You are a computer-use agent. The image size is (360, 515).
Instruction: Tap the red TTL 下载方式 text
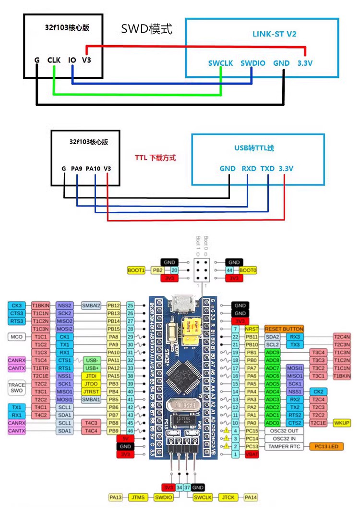tap(155, 158)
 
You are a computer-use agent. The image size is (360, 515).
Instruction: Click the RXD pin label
tap(248, 169)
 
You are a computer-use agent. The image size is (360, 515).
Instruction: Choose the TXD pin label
tap(267, 169)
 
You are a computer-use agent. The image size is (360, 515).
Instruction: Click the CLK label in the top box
tap(54, 60)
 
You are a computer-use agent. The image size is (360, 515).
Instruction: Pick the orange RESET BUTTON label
tap(284, 329)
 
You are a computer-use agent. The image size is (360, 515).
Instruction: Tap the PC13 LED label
tap(326, 446)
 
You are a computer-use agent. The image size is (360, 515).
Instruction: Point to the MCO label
tap(16, 337)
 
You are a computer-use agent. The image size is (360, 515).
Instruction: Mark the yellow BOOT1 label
tap(136, 270)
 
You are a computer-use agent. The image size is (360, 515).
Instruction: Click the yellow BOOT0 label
tap(248, 270)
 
